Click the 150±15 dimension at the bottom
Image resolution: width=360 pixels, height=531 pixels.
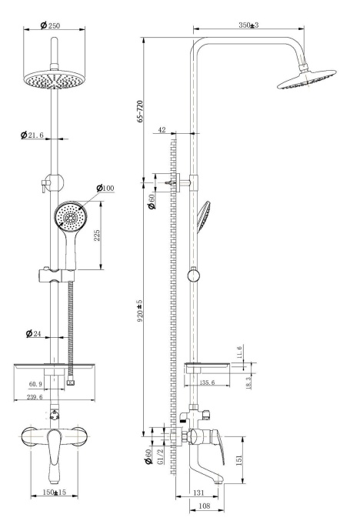click(52, 492)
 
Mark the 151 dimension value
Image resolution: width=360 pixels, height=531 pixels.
click(240, 459)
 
